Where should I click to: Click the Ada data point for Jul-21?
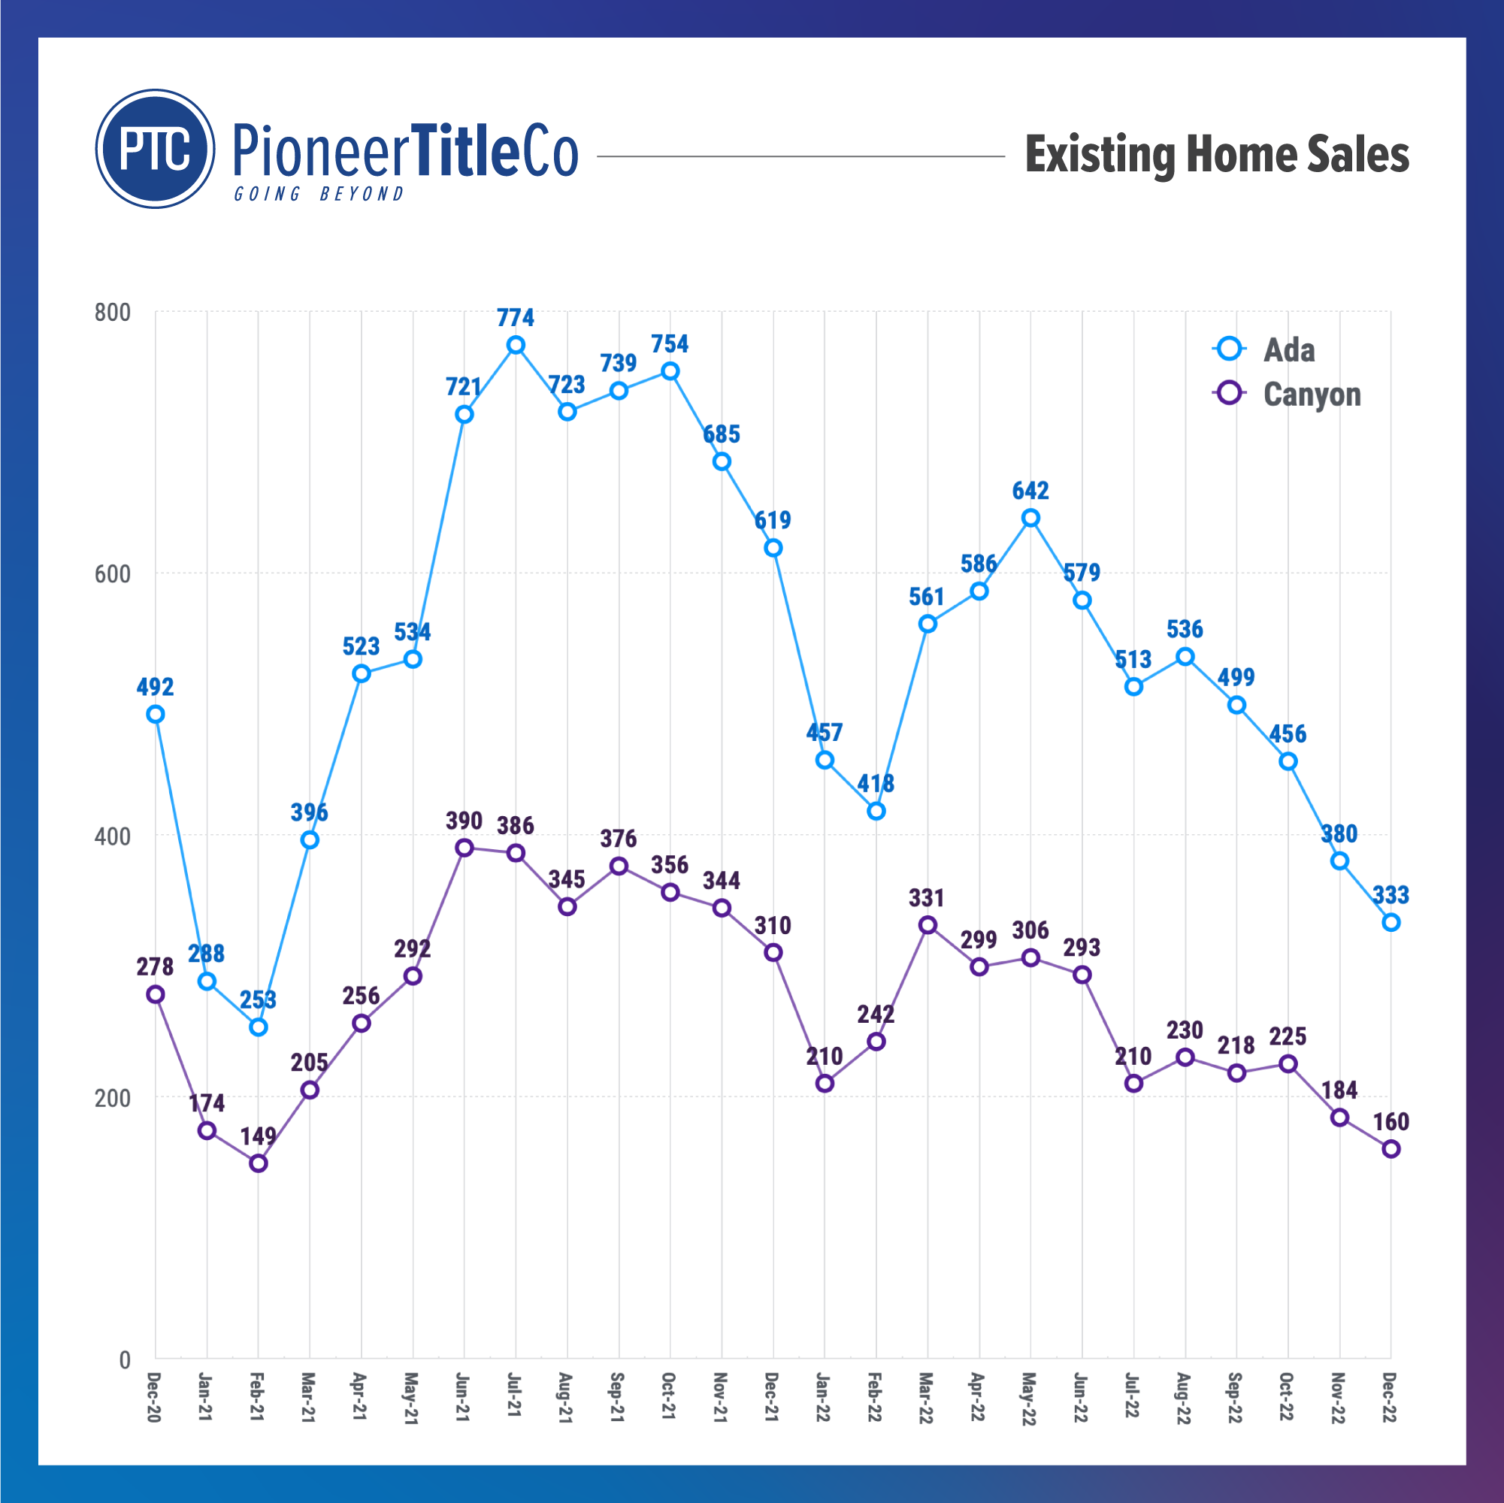516,345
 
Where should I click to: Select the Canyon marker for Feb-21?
259,1163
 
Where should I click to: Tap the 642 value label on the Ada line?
1030,491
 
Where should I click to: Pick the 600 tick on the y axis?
112,574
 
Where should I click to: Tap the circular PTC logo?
155,149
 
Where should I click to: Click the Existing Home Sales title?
1216,154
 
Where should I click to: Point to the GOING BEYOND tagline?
319,194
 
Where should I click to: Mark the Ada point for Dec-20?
156,715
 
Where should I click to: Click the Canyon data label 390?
464,821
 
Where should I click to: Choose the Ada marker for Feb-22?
876,811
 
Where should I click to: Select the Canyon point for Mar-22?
928,924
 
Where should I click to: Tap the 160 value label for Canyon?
1391,1121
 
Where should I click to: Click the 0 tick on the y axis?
125,1359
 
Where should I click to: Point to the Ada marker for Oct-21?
670,371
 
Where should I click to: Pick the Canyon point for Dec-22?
1391,1149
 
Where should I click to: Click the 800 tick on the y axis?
112,313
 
